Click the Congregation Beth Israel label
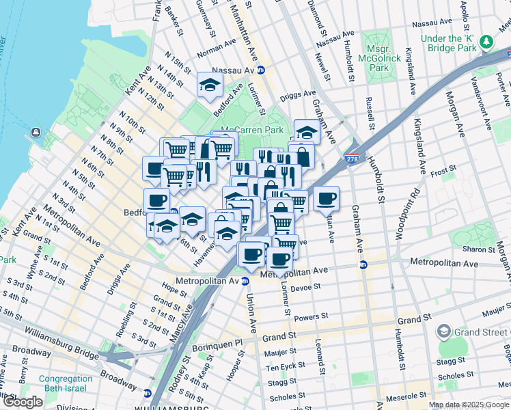point(65,384)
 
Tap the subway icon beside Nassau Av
point(261,70)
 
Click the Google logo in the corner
point(23,402)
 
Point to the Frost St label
point(443,174)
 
